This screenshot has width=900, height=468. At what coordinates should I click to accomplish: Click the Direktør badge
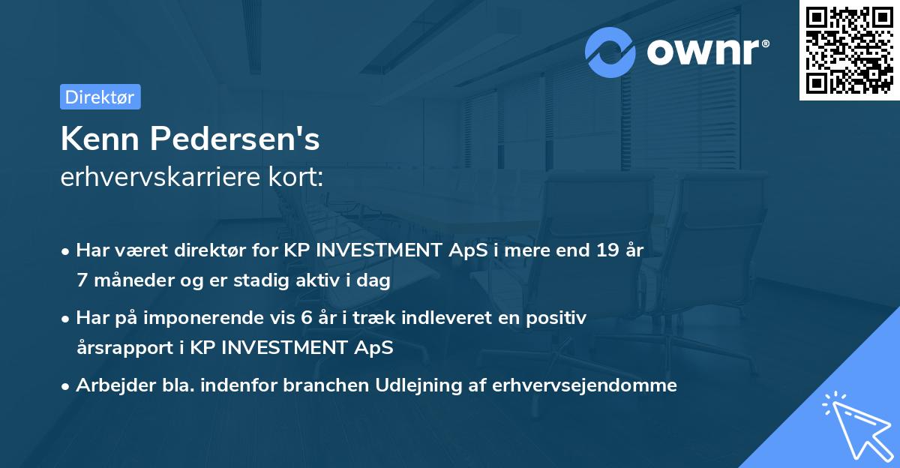100,97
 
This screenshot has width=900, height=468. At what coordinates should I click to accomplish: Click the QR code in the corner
849,50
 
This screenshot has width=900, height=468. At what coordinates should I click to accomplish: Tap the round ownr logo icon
610,52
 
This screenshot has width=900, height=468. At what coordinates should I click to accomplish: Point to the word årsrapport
120,348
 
